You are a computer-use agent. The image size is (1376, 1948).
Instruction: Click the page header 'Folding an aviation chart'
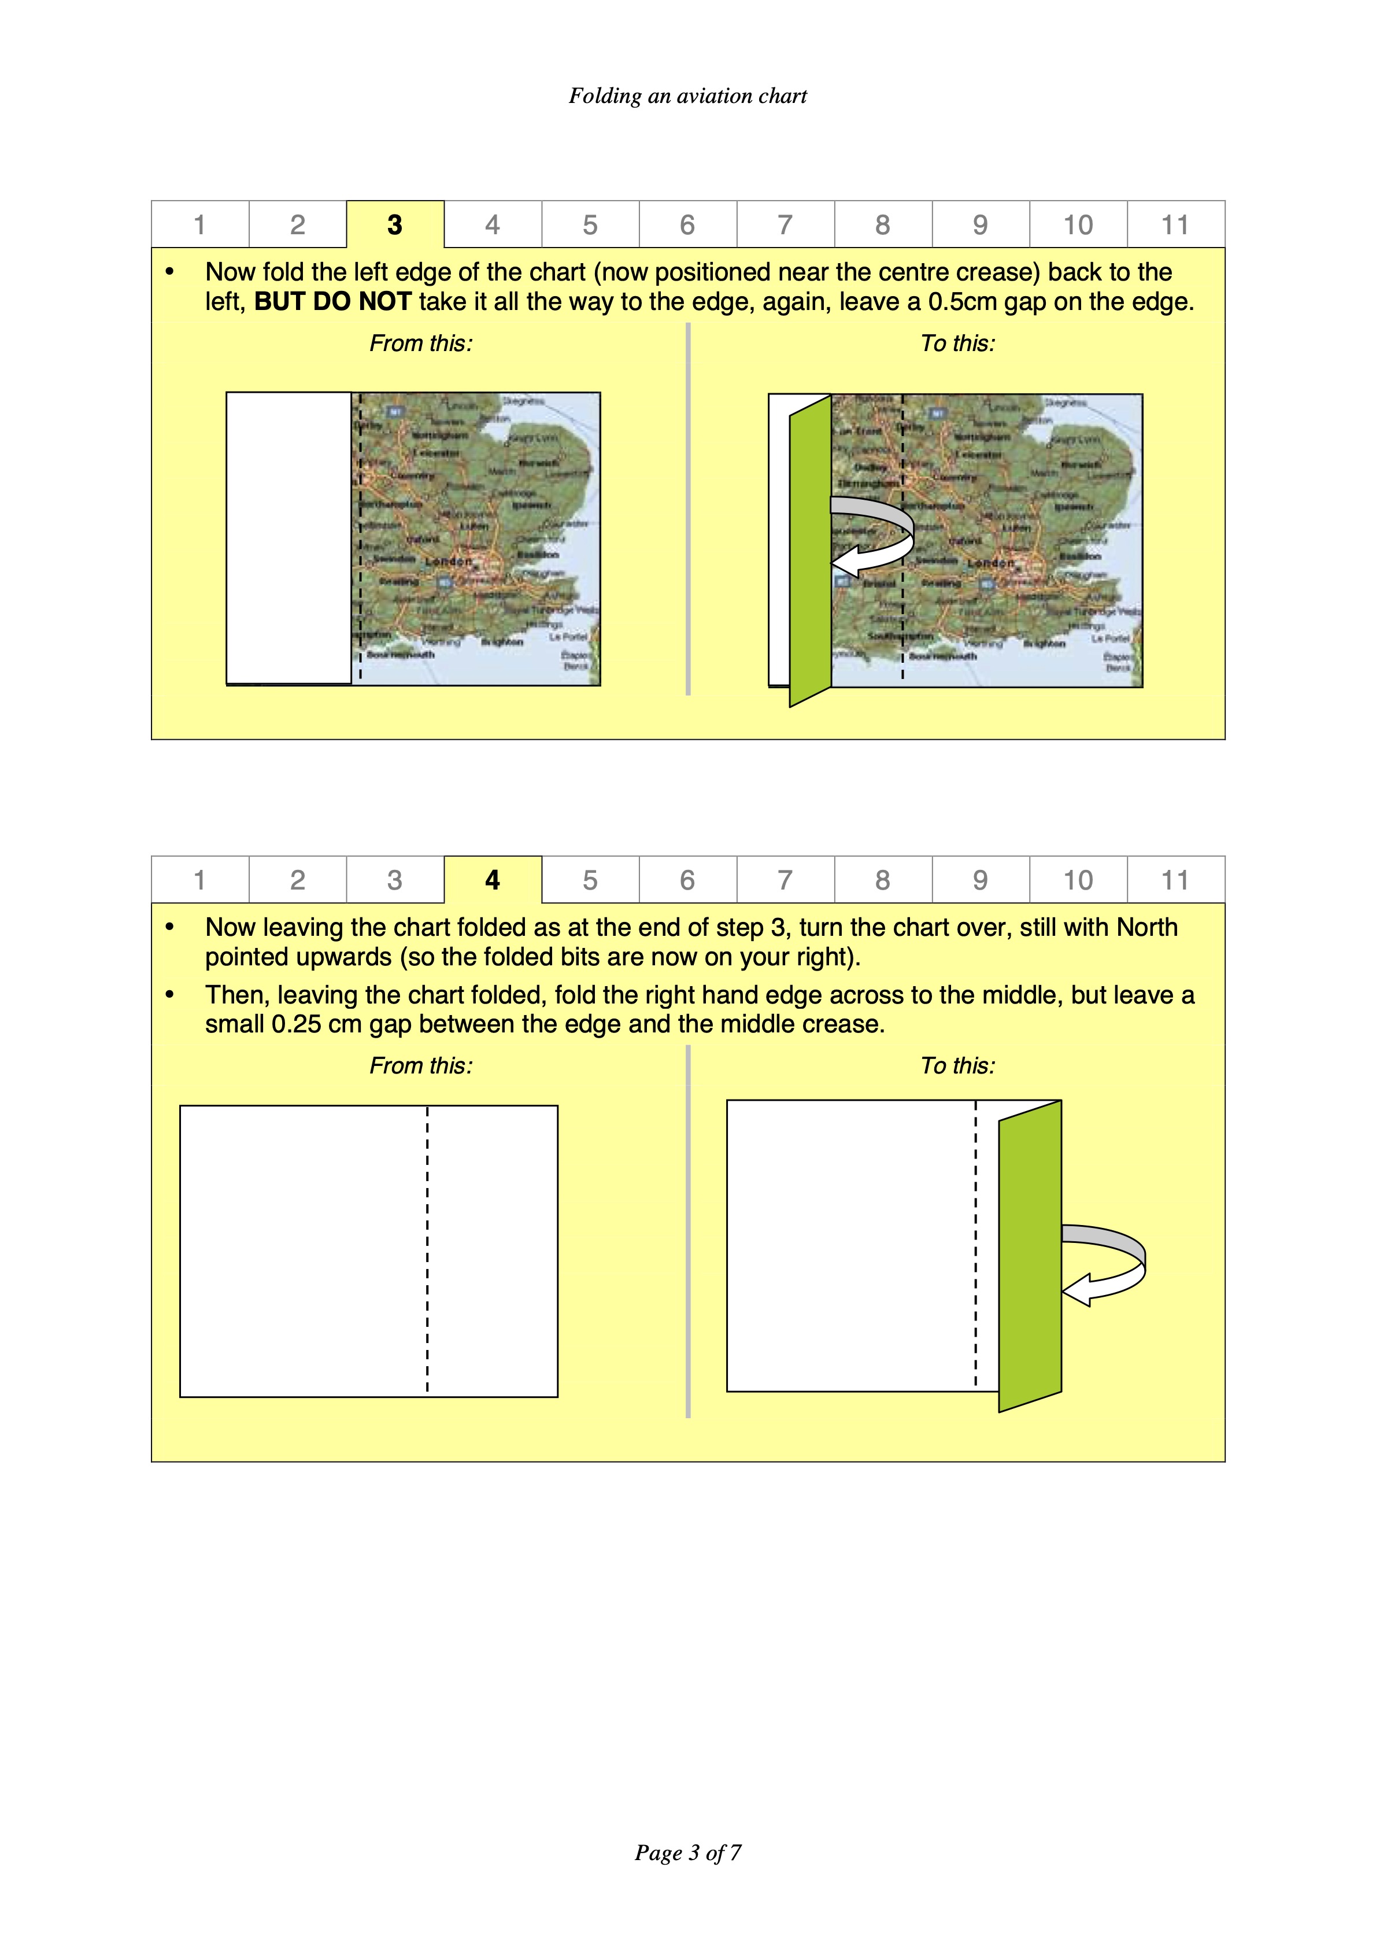point(687,96)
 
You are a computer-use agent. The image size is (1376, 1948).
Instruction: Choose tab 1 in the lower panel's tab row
point(199,880)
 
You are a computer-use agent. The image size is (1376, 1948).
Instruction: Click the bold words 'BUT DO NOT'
point(332,302)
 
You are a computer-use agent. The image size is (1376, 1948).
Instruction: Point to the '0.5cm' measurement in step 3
point(962,302)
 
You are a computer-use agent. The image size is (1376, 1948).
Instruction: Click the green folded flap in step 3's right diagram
point(810,551)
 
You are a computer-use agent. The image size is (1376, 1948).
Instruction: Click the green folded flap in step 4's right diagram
point(1030,1256)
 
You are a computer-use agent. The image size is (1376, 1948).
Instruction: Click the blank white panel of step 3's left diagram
point(288,537)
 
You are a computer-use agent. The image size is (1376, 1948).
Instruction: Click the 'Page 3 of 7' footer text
point(687,1853)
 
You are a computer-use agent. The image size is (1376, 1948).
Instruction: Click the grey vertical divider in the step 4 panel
point(687,1230)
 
